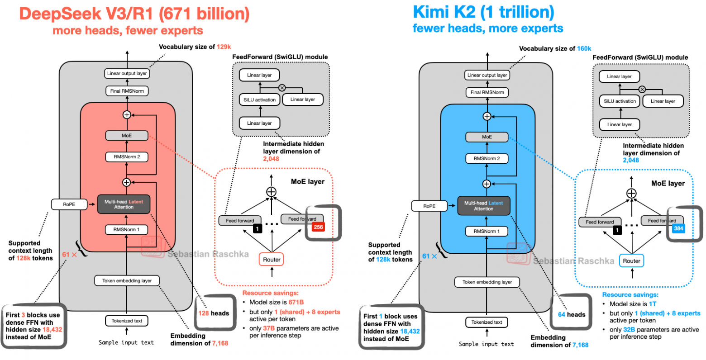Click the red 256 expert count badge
(x=318, y=227)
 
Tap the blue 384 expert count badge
(x=678, y=228)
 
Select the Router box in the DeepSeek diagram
(x=272, y=259)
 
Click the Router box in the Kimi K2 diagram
(x=631, y=261)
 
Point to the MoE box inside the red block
(x=126, y=135)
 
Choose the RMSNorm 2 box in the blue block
(x=487, y=159)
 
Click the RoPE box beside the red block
(x=69, y=204)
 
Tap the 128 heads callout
(x=213, y=313)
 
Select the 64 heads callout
(x=571, y=314)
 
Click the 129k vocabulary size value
(x=223, y=47)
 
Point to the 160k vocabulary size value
(x=584, y=48)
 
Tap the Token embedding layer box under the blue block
(x=487, y=282)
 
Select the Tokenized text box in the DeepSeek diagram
(x=127, y=321)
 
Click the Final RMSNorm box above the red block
(x=127, y=91)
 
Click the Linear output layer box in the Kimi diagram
(x=487, y=75)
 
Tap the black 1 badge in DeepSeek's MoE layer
(x=257, y=229)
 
